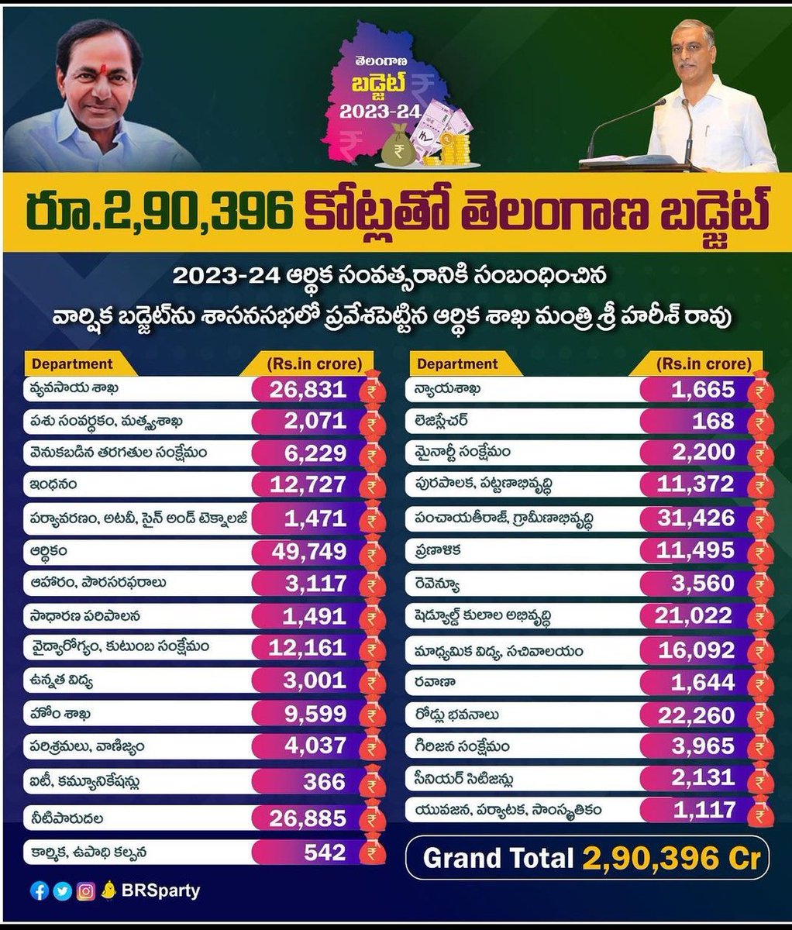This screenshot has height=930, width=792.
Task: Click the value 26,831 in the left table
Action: [x=308, y=390]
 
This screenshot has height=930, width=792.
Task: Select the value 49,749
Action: [x=308, y=552]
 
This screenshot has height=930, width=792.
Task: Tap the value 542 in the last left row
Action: [x=325, y=852]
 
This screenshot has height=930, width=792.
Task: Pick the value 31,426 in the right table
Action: [x=696, y=518]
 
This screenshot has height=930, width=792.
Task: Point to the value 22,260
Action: [x=696, y=715]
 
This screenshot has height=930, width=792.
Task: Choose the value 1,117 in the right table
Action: [x=704, y=811]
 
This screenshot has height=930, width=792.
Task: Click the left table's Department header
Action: [x=72, y=363]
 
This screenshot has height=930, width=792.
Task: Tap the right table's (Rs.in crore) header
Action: [x=704, y=363]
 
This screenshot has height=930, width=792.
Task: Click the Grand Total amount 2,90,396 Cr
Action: [x=671, y=859]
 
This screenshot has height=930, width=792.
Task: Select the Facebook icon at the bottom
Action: [x=40, y=890]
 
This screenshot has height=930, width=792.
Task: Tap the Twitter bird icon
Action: [x=63, y=891]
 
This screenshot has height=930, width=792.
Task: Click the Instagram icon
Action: [x=85, y=891]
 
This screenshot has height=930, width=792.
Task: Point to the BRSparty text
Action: [x=160, y=891]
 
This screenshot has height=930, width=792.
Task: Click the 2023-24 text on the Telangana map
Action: [x=381, y=112]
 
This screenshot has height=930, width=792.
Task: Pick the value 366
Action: [x=325, y=782]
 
